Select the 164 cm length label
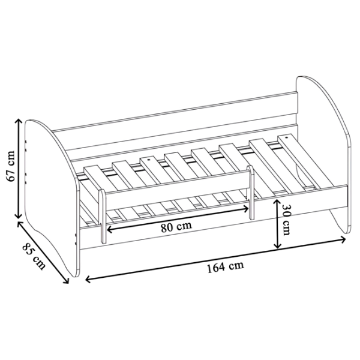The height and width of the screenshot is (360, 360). point(226,267)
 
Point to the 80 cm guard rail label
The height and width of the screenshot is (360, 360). point(176,227)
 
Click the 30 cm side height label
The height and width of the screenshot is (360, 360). point(286,219)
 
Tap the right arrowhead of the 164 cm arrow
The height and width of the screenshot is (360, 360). point(343,239)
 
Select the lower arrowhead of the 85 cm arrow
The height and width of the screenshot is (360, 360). point(67,281)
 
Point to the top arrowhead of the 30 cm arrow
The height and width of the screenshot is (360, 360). point(277,202)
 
